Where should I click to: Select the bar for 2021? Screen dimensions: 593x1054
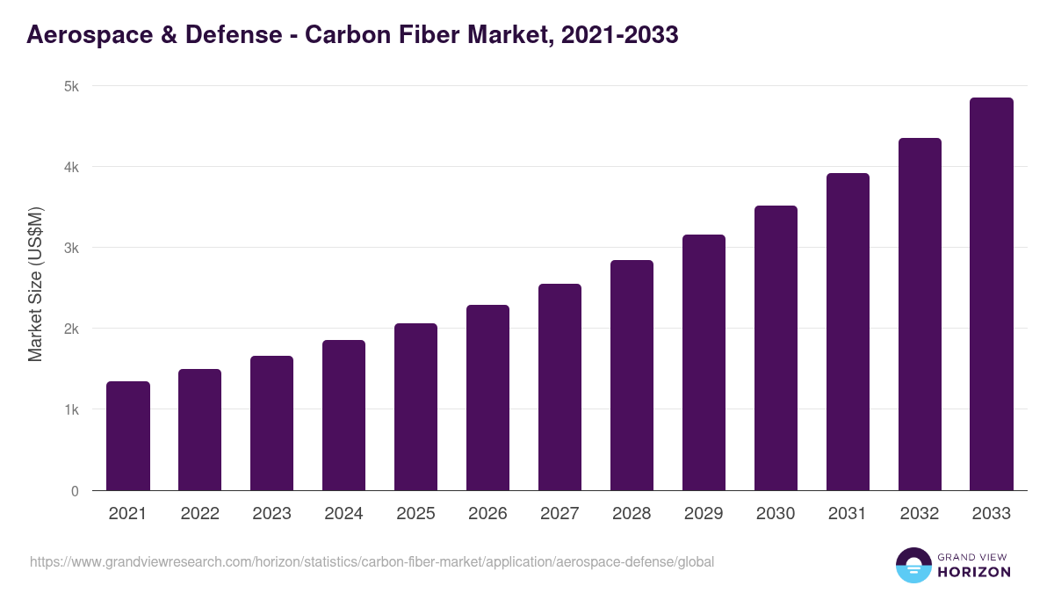[128, 436]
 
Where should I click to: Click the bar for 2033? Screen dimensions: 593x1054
[992, 294]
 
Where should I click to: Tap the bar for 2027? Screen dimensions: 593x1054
[559, 387]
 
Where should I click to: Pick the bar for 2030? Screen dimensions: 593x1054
[776, 348]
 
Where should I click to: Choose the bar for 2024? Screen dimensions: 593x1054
[343, 416]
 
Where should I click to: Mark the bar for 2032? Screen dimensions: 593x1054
[920, 315]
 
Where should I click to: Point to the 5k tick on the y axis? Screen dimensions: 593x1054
[70, 86]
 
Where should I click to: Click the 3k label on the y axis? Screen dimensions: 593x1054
[70, 248]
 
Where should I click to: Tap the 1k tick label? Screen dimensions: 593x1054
[70, 410]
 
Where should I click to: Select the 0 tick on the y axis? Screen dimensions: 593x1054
[75, 491]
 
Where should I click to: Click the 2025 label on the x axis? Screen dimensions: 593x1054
[415, 514]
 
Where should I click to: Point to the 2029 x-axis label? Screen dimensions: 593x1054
[704, 514]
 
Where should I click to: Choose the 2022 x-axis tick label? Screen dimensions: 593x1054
[199, 514]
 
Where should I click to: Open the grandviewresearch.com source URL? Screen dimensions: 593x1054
[372, 561]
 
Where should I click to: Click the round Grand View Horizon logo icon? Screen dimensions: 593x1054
[913, 565]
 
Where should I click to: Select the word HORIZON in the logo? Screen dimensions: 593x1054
[972, 572]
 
